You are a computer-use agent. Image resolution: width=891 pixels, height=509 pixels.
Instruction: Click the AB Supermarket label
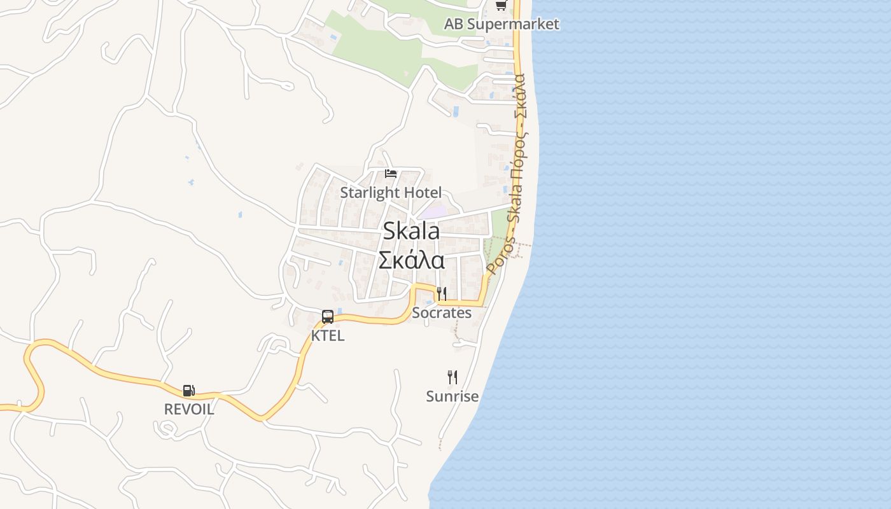(x=502, y=24)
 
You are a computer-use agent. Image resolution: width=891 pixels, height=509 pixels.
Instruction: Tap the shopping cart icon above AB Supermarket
(x=501, y=6)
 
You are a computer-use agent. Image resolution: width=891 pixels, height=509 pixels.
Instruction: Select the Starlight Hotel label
(x=391, y=192)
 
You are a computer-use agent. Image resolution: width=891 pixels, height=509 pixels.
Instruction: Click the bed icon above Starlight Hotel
(x=391, y=173)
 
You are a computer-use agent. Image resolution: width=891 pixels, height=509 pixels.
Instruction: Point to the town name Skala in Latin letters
(x=411, y=230)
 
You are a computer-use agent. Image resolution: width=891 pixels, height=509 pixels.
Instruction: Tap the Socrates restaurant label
(x=442, y=312)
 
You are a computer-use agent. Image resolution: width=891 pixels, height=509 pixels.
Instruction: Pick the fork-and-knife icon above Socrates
(x=442, y=293)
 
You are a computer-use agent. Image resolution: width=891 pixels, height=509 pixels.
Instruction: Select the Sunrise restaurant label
(x=452, y=396)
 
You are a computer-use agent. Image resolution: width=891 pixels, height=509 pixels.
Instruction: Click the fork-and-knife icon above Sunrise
(x=452, y=377)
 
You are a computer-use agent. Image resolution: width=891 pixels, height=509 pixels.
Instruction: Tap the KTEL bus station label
(x=328, y=335)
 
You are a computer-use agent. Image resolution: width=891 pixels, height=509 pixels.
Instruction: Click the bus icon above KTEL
(x=328, y=316)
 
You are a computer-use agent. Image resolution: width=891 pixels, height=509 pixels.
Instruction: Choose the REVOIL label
(x=189, y=409)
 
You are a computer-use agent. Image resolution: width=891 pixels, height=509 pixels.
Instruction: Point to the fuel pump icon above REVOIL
(x=189, y=390)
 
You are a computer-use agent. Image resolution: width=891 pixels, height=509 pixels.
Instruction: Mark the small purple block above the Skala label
(x=433, y=212)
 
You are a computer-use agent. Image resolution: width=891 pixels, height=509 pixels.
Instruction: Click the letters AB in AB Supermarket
(x=453, y=24)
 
